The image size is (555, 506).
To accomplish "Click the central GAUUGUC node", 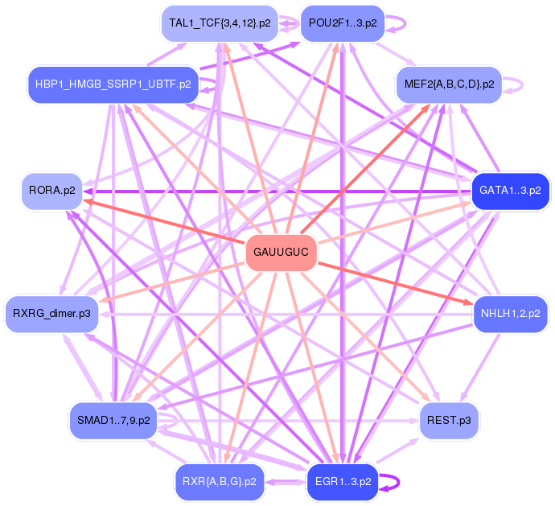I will tap(281, 253).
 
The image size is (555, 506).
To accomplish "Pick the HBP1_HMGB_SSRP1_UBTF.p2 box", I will tap(112, 84).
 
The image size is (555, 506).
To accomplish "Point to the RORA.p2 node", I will tap(51, 191).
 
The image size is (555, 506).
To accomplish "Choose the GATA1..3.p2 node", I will tap(510, 191).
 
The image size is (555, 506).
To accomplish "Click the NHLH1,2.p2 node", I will tap(510, 313).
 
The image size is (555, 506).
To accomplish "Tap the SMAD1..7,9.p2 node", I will tap(113, 421).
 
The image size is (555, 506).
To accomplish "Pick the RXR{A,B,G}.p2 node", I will tap(219, 482).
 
